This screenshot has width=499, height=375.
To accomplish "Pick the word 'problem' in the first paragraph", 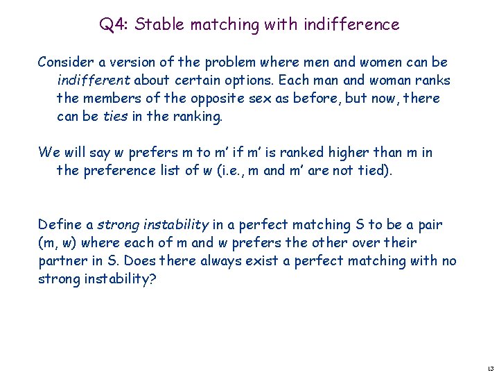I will [x=227, y=62].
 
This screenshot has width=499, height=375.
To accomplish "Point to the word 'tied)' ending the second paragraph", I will [x=376, y=170].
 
